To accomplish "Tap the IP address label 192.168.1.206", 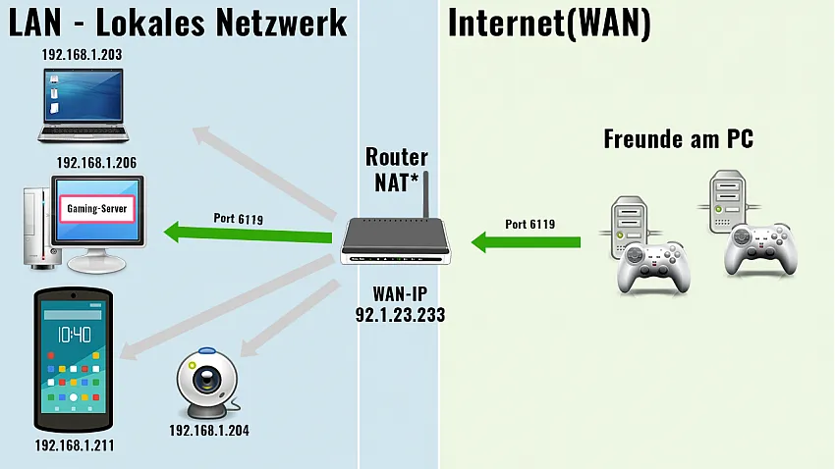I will pos(96,163).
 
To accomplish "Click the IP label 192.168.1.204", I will pos(208,430).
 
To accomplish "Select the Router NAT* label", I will pos(397,169).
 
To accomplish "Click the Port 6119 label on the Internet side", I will pos(530,224).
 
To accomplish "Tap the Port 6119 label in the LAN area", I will pos(238,218).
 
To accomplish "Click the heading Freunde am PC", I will pos(678,139).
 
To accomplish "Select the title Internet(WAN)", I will pos(549,24).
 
